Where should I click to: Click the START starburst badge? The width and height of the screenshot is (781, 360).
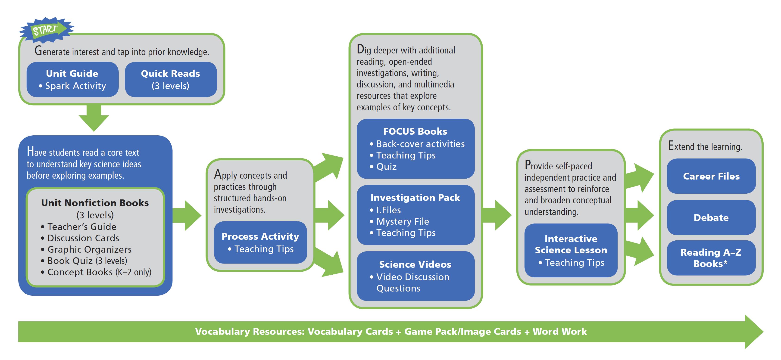(x=46, y=30)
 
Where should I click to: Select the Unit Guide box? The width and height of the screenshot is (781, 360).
(x=72, y=79)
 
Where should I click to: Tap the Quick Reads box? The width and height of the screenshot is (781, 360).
(x=171, y=79)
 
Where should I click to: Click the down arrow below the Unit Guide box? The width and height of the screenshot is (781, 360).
(x=94, y=118)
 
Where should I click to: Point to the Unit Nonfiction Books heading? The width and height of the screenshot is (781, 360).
(x=95, y=203)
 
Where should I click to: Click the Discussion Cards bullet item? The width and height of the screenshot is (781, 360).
(x=83, y=238)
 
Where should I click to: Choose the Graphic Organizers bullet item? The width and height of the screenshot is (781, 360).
(x=89, y=249)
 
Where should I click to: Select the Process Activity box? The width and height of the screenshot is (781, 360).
(x=260, y=242)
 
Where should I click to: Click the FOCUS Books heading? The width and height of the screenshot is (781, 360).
(x=415, y=131)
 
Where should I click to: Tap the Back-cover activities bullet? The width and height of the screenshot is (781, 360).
(x=420, y=144)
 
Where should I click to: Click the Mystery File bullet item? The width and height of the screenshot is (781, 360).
(x=403, y=221)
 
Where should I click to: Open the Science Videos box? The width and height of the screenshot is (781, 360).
(x=415, y=276)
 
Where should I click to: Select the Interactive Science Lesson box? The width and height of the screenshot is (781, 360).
(x=571, y=250)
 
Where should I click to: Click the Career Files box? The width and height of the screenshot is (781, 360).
(x=711, y=176)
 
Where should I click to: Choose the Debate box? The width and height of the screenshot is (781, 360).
(x=711, y=217)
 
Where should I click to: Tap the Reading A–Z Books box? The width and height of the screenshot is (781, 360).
(x=711, y=258)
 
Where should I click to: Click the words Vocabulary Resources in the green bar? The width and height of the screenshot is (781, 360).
(x=250, y=332)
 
